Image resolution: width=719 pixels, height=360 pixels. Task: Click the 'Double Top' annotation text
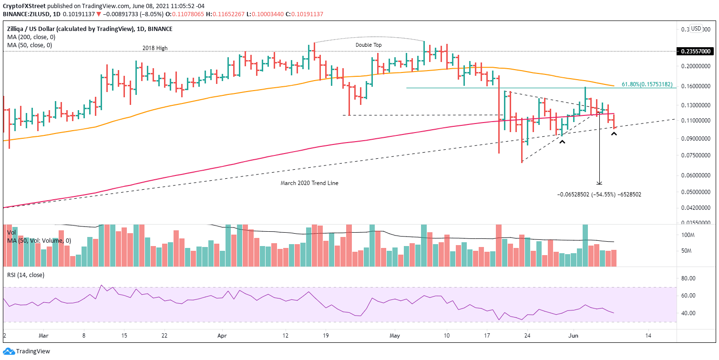369,45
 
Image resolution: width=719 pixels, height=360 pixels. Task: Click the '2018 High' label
155,48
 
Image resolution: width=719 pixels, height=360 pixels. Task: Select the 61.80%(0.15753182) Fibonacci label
647,84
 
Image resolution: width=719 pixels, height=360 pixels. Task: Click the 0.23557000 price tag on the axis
697,51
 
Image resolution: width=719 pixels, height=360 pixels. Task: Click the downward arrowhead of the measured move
599,183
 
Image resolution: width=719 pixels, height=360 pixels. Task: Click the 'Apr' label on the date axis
222,336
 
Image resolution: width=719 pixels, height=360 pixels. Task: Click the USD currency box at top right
696,28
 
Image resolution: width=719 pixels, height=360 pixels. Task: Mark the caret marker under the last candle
614,134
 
